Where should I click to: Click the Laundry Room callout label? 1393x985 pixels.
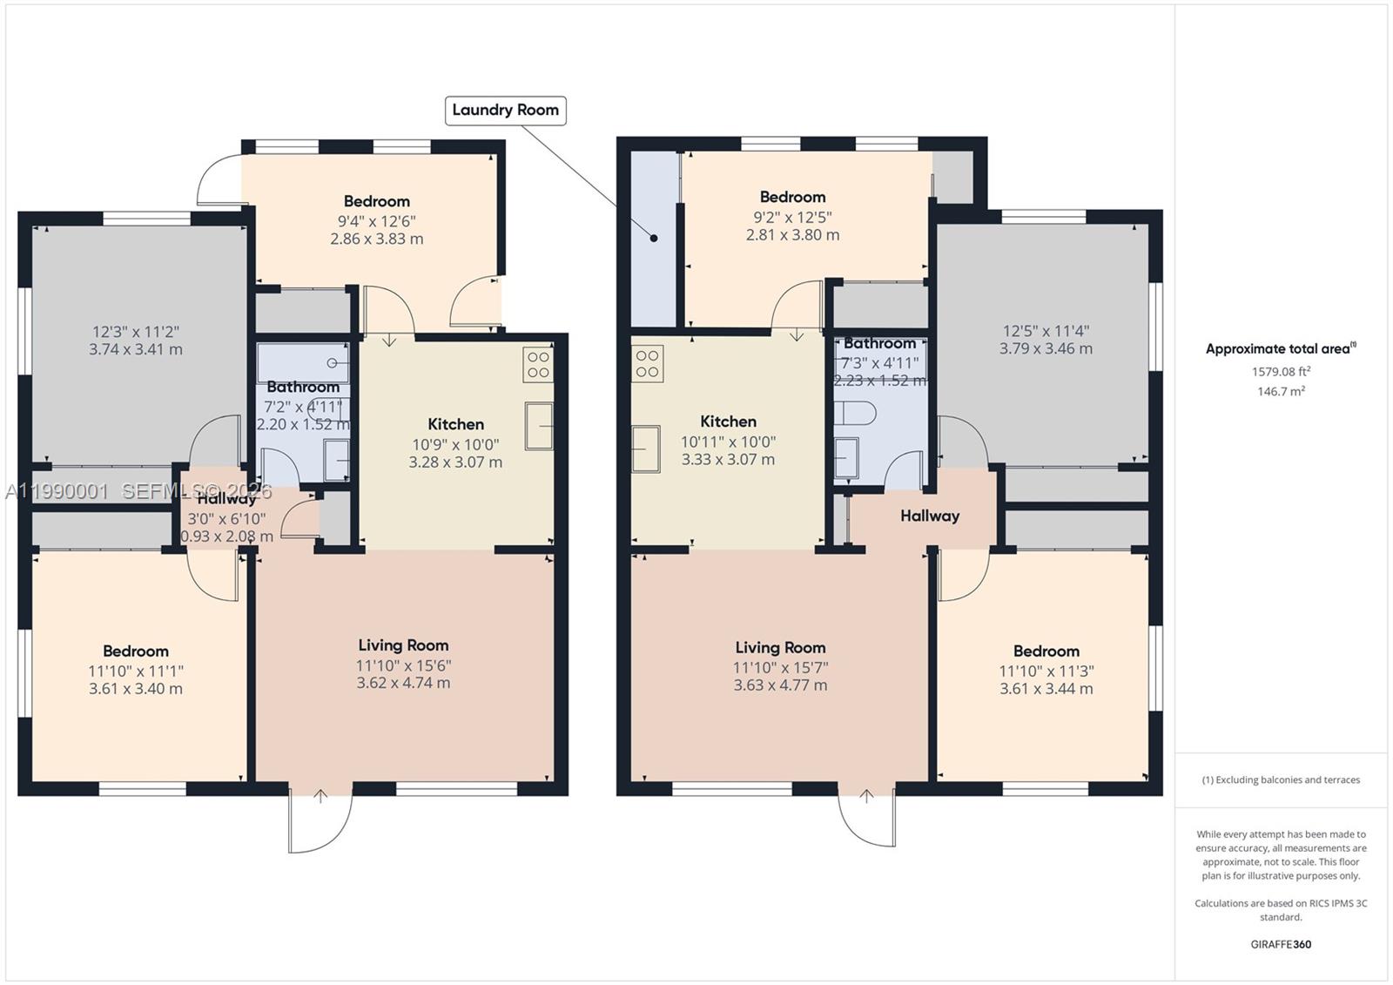(505, 110)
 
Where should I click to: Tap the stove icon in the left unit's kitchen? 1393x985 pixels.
(538, 364)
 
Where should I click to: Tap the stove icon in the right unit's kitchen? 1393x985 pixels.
(647, 364)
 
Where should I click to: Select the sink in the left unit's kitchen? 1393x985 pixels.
(539, 425)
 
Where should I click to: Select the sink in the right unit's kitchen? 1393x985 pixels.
(645, 449)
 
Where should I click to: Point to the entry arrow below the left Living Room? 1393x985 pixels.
(320, 795)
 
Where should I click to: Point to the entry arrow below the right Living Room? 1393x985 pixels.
(866, 795)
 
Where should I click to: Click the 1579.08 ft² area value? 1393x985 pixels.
(1281, 371)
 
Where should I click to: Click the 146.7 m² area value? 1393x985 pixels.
(1281, 392)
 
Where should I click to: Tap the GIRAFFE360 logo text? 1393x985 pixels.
(1281, 944)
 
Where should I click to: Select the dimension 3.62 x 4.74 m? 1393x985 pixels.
(403, 683)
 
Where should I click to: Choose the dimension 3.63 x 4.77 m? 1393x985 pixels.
(780, 685)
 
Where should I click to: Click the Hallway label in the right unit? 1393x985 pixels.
(930, 516)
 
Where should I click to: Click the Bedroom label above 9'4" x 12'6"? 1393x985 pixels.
(376, 201)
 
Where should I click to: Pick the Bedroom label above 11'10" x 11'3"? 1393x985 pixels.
(1046, 651)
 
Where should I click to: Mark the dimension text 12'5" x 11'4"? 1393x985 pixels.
(1046, 331)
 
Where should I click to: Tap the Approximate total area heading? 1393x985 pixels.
(1279, 349)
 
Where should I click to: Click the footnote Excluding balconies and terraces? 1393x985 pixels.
(1281, 779)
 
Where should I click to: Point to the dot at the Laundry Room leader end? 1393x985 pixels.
(654, 238)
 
